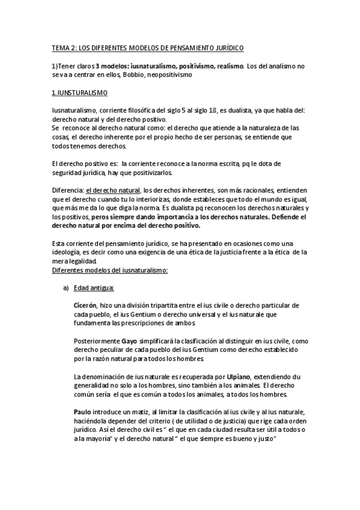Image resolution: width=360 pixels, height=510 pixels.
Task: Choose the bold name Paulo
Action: tap(84, 411)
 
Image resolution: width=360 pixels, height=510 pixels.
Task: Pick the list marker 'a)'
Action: tap(67, 288)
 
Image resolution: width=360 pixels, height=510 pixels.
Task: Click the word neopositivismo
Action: tap(165, 75)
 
